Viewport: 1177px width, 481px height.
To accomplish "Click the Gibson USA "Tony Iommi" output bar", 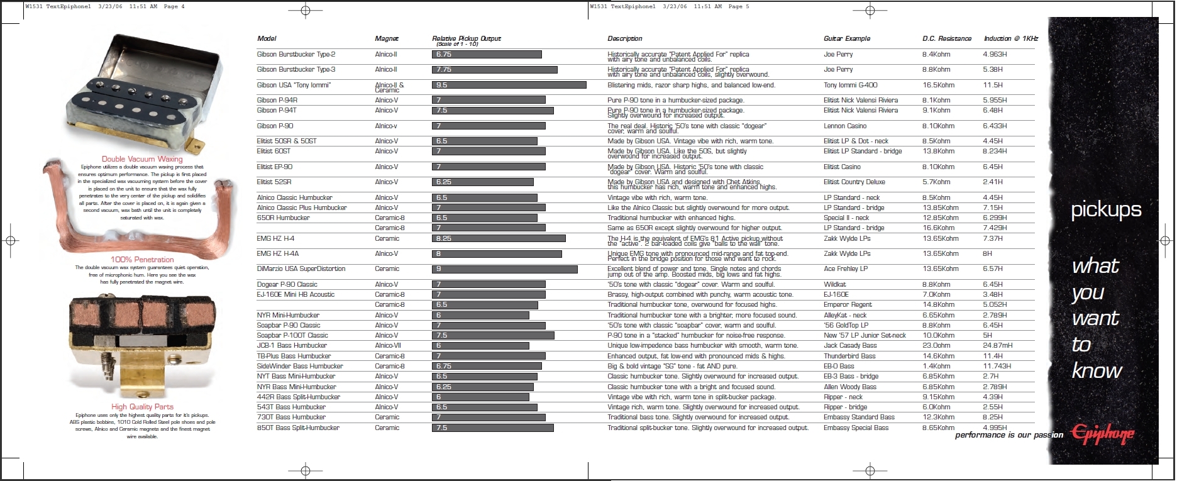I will click(x=509, y=85).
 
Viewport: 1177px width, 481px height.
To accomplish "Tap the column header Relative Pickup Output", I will click(x=467, y=39).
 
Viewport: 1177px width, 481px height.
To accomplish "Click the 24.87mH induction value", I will click(x=998, y=346).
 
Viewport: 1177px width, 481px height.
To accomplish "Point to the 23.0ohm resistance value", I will click(x=937, y=346).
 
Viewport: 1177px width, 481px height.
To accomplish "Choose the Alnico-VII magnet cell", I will click(x=387, y=346).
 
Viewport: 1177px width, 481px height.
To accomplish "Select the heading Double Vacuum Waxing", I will click(x=142, y=159).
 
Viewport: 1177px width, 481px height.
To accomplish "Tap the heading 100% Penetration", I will click(x=142, y=260).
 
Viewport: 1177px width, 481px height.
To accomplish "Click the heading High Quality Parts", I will click(x=142, y=407).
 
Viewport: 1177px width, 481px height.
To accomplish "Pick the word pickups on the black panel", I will click(x=1106, y=210).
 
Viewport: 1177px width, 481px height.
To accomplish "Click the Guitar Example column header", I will click(x=847, y=39).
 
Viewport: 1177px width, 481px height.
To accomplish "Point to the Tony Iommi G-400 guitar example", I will click(x=850, y=85).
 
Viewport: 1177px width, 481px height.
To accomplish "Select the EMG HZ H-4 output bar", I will click(x=499, y=239).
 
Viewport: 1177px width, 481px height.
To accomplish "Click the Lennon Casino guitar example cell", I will click(x=845, y=126).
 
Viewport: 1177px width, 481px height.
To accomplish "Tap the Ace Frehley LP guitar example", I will click(x=845, y=269).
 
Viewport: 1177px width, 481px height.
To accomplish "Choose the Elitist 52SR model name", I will click(x=274, y=182).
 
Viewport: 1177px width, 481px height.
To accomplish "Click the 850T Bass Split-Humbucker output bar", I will click(x=493, y=428).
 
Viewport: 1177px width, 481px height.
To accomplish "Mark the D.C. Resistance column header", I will click(x=947, y=39).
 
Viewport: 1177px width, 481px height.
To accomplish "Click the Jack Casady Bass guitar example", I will click(x=850, y=346).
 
